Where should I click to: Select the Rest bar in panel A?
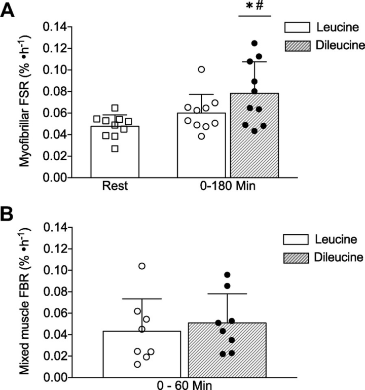tap(115, 152)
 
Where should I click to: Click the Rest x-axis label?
tap(115, 187)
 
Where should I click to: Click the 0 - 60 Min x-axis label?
tap(185, 384)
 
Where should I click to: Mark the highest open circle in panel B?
tap(142, 266)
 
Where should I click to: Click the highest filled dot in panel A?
tap(254, 43)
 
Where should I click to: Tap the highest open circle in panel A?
tap(201, 69)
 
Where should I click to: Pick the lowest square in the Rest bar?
tap(115, 149)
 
